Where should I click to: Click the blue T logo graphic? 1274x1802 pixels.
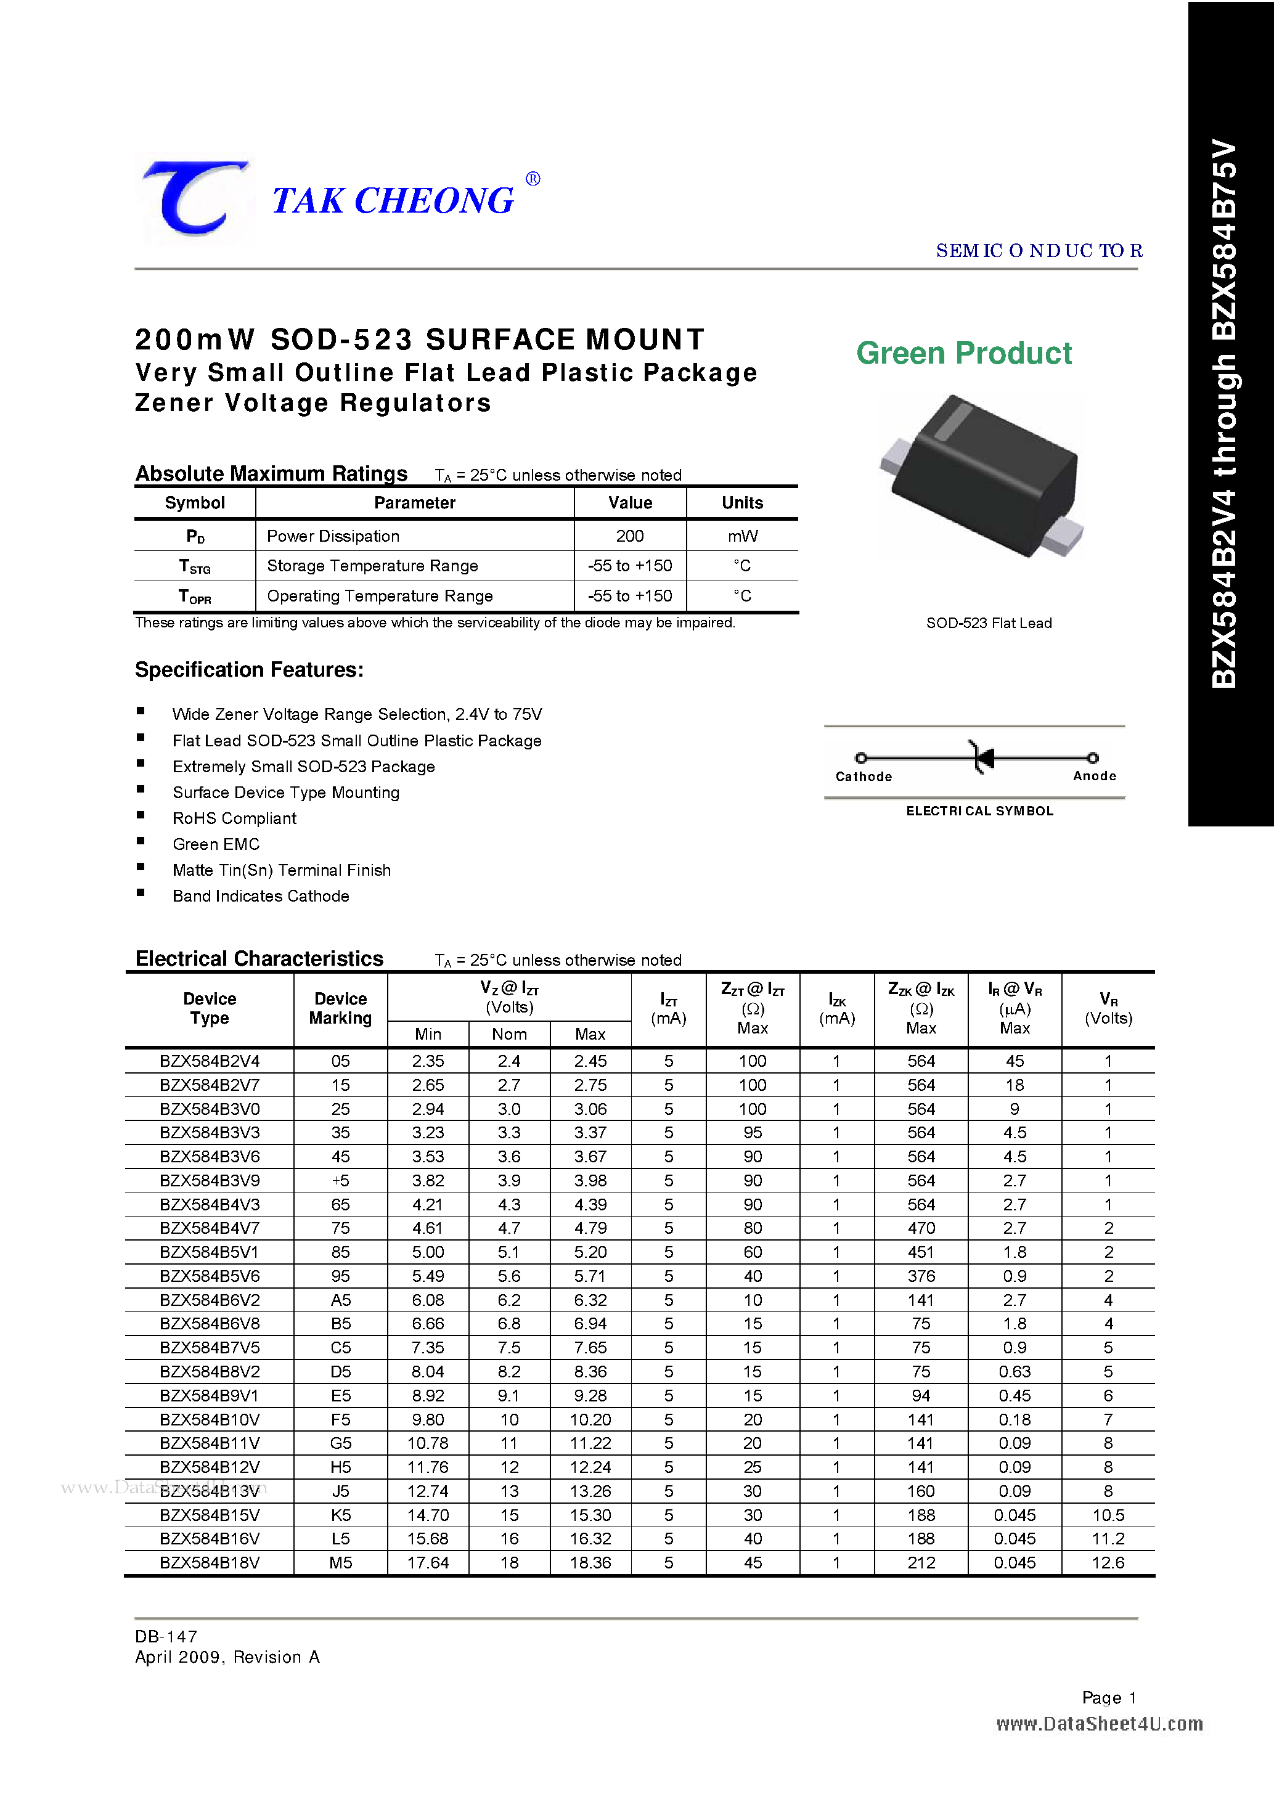(194, 198)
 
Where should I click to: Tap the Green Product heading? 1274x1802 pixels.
(963, 353)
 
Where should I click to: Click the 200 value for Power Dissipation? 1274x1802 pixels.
(629, 536)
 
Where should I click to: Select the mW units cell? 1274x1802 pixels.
(742, 536)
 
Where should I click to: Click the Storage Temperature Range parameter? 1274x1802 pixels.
(372, 566)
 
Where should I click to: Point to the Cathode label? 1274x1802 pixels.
(864, 777)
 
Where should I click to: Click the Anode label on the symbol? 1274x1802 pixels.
(1094, 775)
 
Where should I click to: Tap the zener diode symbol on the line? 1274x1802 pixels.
(982, 757)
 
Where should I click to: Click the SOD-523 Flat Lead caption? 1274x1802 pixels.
(988, 623)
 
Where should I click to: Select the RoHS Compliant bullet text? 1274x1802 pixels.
(234, 818)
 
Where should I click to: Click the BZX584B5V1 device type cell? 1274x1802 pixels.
(209, 1252)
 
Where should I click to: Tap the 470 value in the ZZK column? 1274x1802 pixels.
(921, 1228)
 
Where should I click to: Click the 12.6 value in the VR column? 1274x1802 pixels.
(1108, 1563)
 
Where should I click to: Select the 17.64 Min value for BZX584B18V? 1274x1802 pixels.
(428, 1563)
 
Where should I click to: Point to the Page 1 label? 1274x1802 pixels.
(1108, 1698)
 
